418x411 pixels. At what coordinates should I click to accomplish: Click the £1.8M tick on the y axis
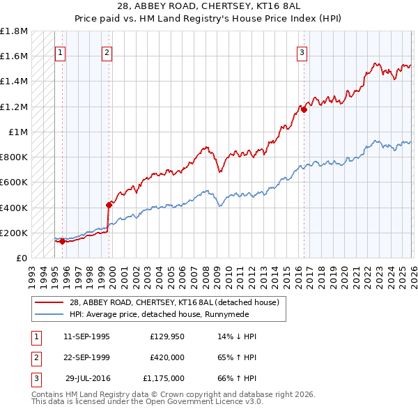click(x=14, y=31)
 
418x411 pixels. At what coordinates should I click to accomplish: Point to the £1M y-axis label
click(x=19, y=132)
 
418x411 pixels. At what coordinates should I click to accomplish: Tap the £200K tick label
click(x=14, y=233)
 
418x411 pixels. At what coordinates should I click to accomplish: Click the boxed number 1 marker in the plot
click(x=60, y=52)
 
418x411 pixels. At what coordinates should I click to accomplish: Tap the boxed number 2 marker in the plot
click(x=107, y=52)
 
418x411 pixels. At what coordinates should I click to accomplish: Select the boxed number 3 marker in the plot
click(x=302, y=52)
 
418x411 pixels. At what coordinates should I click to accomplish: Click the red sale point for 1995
click(x=62, y=242)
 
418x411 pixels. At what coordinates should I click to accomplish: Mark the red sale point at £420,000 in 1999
click(x=109, y=205)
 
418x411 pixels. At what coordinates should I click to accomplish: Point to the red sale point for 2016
click(x=304, y=109)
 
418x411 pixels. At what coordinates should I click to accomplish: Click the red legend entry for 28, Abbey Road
click(x=173, y=302)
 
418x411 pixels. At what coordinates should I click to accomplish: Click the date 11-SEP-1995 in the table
click(x=86, y=336)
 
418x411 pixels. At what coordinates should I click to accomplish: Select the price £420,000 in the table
click(x=167, y=357)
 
